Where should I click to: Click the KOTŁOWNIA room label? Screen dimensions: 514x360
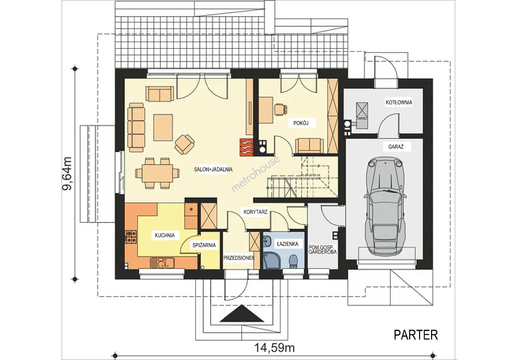(399, 102)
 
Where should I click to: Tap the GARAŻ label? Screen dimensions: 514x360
(396, 147)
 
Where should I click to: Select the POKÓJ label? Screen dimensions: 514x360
(301, 123)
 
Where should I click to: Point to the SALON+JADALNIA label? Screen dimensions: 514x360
(213, 169)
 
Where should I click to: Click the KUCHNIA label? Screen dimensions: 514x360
(165, 235)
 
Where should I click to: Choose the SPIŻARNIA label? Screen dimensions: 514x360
(204, 245)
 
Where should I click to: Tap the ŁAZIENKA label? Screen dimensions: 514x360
(288, 244)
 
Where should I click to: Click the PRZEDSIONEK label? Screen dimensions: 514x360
(239, 258)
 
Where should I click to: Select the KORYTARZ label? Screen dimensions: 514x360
(256, 212)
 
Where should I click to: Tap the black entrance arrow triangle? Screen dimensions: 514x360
(242, 314)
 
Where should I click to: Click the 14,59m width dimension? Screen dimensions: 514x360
(274, 348)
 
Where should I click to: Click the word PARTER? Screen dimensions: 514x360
(416, 335)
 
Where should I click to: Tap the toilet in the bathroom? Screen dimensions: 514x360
(293, 262)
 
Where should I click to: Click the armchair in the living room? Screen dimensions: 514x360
(185, 144)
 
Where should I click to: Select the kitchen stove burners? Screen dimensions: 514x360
(131, 237)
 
